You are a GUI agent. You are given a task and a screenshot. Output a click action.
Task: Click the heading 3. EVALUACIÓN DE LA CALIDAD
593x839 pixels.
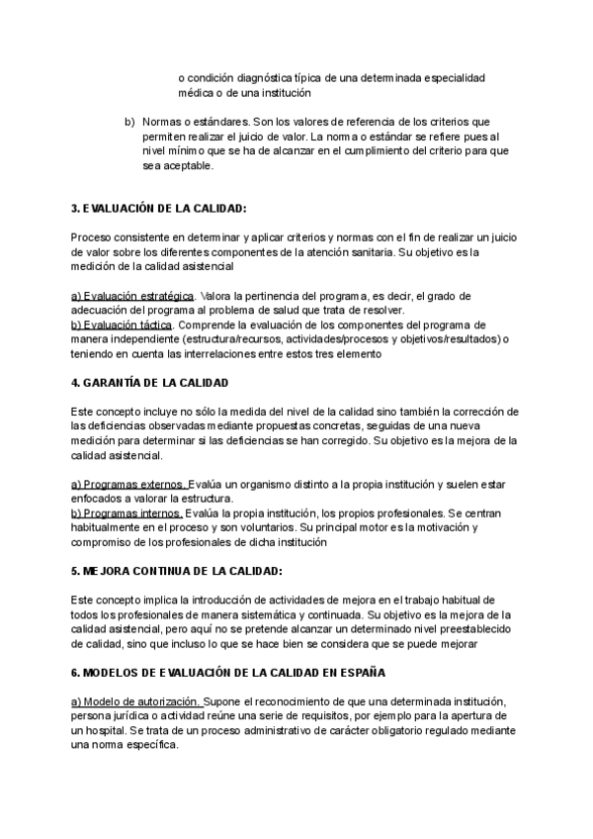coord(158,209)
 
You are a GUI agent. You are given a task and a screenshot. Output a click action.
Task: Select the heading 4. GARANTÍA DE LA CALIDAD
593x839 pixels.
coord(150,382)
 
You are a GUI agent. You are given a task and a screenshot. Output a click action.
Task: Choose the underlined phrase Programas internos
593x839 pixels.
coord(127,513)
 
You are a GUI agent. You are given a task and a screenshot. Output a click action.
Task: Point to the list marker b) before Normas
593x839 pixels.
coord(129,122)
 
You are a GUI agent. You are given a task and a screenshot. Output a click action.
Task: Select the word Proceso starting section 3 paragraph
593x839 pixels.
coord(93,237)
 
